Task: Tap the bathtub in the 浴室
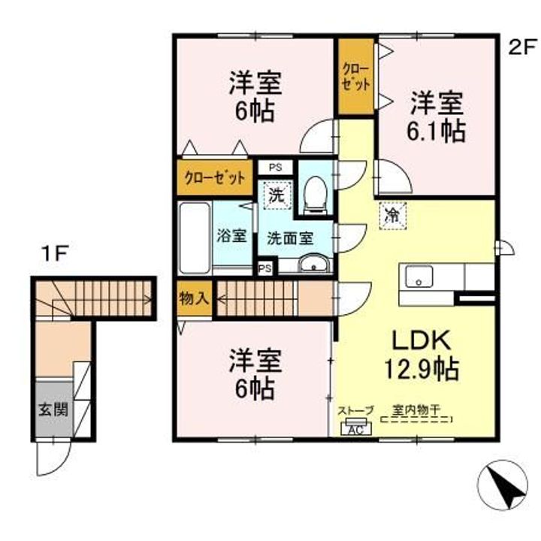click(195, 238)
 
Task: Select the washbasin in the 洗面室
click(314, 264)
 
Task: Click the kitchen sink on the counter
click(419, 277)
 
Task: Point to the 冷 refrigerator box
click(393, 216)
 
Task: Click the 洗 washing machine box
click(277, 195)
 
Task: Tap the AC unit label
click(356, 430)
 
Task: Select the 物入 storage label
click(195, 298)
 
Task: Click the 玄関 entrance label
click(53, 410)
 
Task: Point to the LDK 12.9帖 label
click(422, 355)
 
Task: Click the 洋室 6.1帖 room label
click(437, 118)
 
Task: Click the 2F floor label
click(522, 47)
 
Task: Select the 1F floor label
click(55, 254)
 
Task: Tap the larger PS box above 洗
click(276, 168)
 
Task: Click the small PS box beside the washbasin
click(265, 268)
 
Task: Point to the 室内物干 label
click(416, 410)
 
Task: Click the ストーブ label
click(355, 410)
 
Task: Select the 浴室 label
click(231, 236)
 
